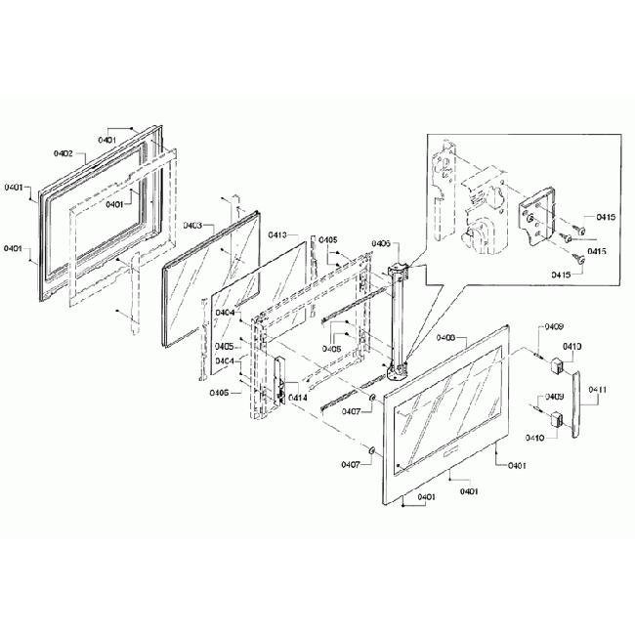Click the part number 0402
(x=63, y=153)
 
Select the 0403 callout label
(x=192, y=225)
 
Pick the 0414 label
(x=297, y=398)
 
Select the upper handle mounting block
(x=558, y=366)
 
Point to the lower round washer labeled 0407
(x=372, y=448)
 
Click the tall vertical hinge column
(x=400, y=317)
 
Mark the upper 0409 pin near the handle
(x=537, y=357)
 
